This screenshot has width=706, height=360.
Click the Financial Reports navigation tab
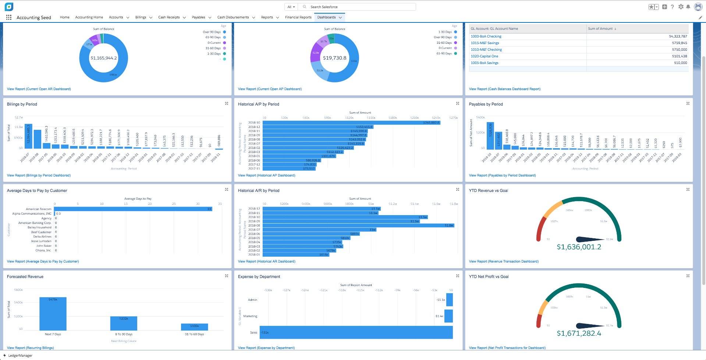[x=298, y=17]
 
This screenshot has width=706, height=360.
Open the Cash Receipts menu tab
[x=169, y=17]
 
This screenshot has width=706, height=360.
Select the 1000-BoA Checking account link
[x=486, y=36]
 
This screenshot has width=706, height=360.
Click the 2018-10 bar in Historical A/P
[x=351, y=122]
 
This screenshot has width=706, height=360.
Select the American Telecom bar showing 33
[x=133, y=209]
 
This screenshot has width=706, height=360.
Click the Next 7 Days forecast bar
[x=53, y=314]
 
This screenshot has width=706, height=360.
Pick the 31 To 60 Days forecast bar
[x=194, y=327]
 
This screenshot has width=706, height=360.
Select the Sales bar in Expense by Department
[x=356, y=332]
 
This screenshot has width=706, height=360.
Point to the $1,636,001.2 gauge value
[x=579, y=247]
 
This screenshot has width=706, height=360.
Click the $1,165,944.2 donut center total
[x=104, y=58]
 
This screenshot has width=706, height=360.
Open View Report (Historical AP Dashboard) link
[x=266, y=175]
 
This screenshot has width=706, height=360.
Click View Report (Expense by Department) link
[x=266, y=348]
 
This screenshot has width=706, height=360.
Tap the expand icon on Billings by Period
[x=227, y=103]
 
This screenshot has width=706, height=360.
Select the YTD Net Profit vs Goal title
[x=489, y=277]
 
